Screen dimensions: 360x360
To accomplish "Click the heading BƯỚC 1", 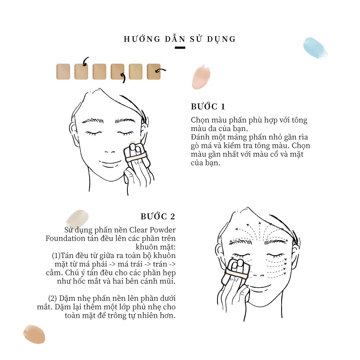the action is pyautogui.click(x=208, y=106).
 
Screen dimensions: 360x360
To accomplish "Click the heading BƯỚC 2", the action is pyautogui.click(x=158, y=216).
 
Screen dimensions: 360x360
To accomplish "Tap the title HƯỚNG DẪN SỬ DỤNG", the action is pyautogui.click(x=180, y=39).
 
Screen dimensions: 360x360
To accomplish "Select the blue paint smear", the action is pyautogui.click(x=315, y=48).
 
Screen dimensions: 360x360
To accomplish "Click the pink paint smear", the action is pyautogui.click(x=201, y=77).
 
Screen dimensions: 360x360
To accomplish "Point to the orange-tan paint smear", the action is pyautogui.click(x=34, y=334).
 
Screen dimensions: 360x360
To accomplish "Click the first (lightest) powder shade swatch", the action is pyautogui.click(x=63, y=72).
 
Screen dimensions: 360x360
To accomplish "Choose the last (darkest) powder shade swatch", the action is pyautogui.click(x=154, y=72).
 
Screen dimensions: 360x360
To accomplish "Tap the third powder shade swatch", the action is pyautogui.click(x=99, y=72).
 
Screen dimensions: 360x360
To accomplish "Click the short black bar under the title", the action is pyautogui.click(x=180, y=48).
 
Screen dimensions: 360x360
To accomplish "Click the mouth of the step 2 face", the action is pyautogui.click(x=259, y=287).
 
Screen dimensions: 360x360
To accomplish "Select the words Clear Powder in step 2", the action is pyautogui.click(x=152, y=230).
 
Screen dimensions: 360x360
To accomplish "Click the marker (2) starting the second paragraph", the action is pyautogui.click(x=52, y=298).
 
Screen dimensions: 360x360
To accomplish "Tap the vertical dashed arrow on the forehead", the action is pyautogui.click(x=260, y=231).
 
